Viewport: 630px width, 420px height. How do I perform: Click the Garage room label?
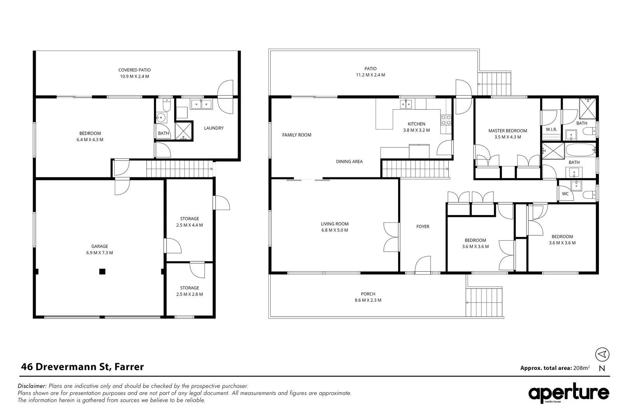[x=100, y=246]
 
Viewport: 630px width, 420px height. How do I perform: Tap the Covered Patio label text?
[x=135, y=70]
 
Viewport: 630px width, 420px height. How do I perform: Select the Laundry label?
[x=214, y=128]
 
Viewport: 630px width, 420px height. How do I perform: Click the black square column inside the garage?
[x=102, y=271]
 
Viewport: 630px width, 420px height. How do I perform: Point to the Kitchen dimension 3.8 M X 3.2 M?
[x=416, y=130]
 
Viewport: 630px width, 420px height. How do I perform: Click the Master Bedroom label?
[x=507, y=131]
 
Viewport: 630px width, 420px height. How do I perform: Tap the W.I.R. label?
[x=551, y=129]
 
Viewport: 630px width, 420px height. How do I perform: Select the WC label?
[x=565, y=194]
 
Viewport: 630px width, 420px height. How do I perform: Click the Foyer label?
[x=423, y=226]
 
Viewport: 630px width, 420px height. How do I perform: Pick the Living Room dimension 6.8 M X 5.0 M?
[x=335, y=230]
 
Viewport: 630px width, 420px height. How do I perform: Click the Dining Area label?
[x=349, y=161]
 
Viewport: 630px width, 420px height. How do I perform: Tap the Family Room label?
[x=297, y=135]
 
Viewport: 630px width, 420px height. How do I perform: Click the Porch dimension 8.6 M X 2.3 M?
[x=368, y=300]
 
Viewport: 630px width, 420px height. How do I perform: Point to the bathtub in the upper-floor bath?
[x=581, y=150]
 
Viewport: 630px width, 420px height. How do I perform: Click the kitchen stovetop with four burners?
[x=446, y=120]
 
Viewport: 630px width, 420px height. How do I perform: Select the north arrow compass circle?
[x=602, y=354]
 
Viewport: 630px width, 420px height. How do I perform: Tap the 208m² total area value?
[x=581, y=367]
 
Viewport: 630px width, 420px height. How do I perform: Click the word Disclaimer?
[x=32, y=386]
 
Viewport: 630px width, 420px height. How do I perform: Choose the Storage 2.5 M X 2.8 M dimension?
[x=189, y=294]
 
